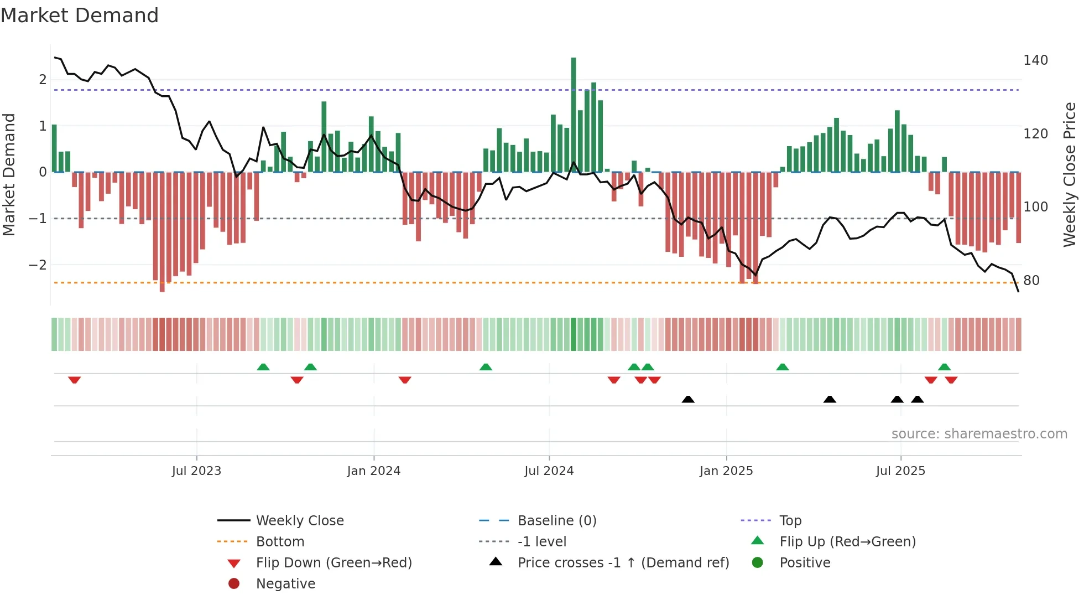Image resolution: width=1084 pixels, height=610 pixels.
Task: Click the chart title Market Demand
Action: pyautogui.click(x=80, y=15)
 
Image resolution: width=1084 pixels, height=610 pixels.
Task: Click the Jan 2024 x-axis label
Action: pyautogui.click(x=373, y=471)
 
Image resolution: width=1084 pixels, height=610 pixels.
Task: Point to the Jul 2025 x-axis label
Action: pyautogui.click(x=900, y=471)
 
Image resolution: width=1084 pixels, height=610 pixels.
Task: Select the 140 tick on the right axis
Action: pyautogui.click(x=1035, y=60)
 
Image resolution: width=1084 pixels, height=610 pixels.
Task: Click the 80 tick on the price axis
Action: pyautogui.click(x=1031, y=281)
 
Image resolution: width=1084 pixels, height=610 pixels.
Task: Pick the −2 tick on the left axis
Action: pyautogui.click(x=38, y=265)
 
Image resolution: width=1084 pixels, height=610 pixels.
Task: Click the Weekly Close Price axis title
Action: pyautogui.click(x=1070, y=174)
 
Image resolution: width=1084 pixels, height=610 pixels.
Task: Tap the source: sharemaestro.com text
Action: pyautogui.click(x=979, y=434)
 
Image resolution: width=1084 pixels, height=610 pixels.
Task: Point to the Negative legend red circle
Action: pyautogui.click(x=234, y=584)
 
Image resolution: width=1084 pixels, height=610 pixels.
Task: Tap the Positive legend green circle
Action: pyautogui.click(x=758, y=563)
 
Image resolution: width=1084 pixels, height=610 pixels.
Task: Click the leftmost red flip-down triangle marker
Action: pyautogui.click(x=75, y=380)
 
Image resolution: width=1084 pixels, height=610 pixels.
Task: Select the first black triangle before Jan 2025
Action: pyautogui.click(x=688, y=399)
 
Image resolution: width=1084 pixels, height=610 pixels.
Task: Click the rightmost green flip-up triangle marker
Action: pyautogui.click(x=944, y=367)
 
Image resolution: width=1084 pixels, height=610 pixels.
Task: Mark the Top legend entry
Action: pyautogui.click(x=790, y=521)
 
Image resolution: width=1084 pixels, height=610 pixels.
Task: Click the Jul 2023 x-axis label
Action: pyautogui.click(x=196, y=471)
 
